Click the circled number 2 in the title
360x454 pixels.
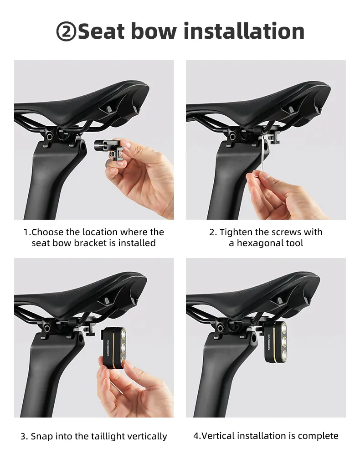(x=66, y=31)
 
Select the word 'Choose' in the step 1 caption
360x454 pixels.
(x=47, y=232)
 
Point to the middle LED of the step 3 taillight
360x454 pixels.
(x=123, y=347)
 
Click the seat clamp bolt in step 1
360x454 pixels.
(x=49, y=135)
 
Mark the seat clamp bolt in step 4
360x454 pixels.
(x=221, y=328)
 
